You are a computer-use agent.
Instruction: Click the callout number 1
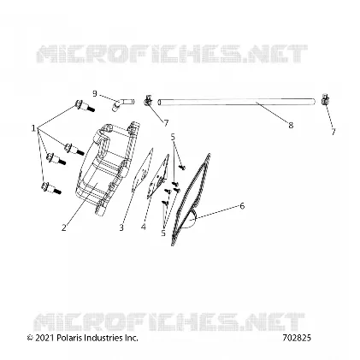[x=33, y=128]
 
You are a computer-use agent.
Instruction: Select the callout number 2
[x=64, y=227]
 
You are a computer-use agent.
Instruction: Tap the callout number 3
[x=121, y=227]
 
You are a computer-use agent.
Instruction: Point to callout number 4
[x=143, y=227]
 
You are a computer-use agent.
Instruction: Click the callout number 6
[x=242, y=205]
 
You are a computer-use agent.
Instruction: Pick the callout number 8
[x=291, y=125]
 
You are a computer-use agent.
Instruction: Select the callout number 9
[x=95, y=93]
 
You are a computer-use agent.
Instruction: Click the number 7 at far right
[x=333, y=132]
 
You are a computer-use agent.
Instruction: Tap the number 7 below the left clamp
[x=166, y=123]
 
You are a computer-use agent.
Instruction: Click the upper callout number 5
[x=173, y=137]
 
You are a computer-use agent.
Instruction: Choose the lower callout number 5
[x=163, y=233]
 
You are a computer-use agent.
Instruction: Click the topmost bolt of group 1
[x=84, y=107]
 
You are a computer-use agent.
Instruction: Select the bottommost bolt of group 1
[x=51, y=188]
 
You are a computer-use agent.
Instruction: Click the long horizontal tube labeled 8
[x=237, y=102]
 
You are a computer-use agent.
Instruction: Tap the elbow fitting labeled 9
[x=121, y=103]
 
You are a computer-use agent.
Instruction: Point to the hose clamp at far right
[x=325, y=99]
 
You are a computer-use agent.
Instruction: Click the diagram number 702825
[x=297, y=338]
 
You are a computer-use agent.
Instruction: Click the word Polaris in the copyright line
[x=68, y=338]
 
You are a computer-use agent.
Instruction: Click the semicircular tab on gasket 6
[x=190, y=219]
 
